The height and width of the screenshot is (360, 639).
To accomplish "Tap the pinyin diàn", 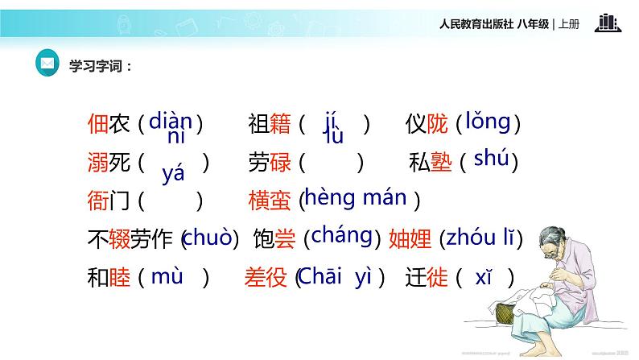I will pyautogui.click(x=171, y=121).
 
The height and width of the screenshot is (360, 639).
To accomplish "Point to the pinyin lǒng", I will pyautogui.click(x=487, y=122).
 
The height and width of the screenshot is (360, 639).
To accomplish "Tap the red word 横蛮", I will pyautogui.click(x=268, y=200).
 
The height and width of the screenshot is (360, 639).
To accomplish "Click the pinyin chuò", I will pyautogui.click(x=209, y=238).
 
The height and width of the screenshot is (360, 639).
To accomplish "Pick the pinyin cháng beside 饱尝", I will pyautogui.click(x=341, y=235).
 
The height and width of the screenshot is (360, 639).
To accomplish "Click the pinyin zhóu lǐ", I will pyautogui.click(x=481, y=238).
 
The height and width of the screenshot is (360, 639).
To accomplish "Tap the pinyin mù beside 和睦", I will pyautogui.click(x=167, y=277).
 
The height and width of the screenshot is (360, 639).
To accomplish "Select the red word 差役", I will pyautogui.click(x=266, y=278).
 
